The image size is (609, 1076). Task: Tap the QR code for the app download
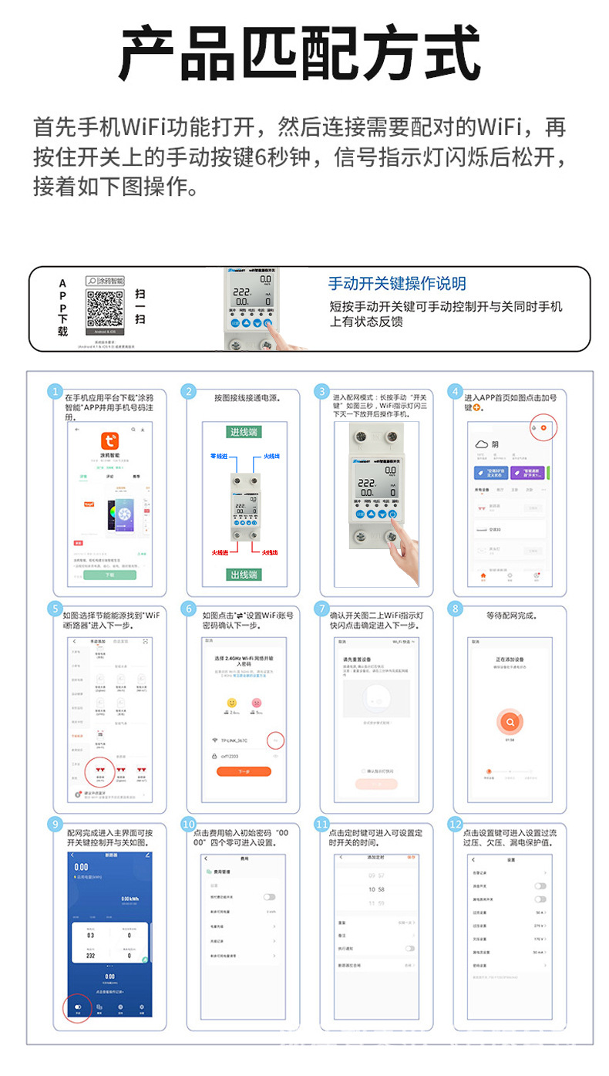(x=105, y=308)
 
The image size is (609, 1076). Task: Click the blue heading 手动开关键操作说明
(x=397, y=283)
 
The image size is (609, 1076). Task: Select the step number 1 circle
(x=55, y=391)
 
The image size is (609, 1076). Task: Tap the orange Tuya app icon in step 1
(x=110, y=441)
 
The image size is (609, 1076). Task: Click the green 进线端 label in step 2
(x=244, y=432)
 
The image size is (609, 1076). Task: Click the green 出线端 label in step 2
(x=244, y=574)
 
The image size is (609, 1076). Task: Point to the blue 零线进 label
(x=219, y=457)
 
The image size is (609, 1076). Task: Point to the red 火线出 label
(x=269, y=552)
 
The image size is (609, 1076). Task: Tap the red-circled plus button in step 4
(x=543, y=427)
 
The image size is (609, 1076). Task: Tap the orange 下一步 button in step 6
(x=244, y=771)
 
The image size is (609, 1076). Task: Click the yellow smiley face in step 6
(x=230, y=703)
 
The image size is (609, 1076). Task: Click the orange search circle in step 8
(x=510, y=722)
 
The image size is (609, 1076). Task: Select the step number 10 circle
(x=190, y=825)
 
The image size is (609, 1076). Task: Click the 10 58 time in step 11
(x=376, y=889)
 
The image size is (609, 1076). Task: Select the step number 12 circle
(x=456, y=825)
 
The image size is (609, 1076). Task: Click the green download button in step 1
(x=110, y=575)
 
